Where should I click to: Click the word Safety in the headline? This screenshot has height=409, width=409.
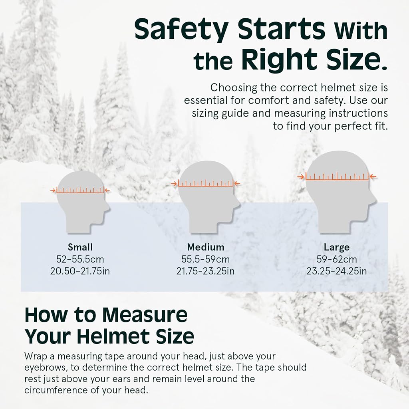point(181,30)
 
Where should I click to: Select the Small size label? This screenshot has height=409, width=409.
point(80,247)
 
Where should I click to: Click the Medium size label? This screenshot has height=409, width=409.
point(206,247)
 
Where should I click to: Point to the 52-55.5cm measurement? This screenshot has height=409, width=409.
point(80,259)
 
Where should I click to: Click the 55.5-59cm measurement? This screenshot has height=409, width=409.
point(206,259)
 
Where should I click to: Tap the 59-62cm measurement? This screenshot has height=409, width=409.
point(336,259)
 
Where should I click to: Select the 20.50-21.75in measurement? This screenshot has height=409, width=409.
point(80,271)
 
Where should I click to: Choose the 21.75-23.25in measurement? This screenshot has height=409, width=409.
point(206,271)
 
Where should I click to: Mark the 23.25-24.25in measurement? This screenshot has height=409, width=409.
point(336,271)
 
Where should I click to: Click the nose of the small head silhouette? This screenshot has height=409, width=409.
point(109,208)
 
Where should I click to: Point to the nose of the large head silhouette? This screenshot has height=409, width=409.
point(375,201)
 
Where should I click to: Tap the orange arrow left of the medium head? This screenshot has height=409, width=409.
point(175,184)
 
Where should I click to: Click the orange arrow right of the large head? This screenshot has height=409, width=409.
point(373,177)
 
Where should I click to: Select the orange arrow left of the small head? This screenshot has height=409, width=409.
point(53,191)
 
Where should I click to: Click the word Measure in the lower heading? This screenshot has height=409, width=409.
point(145,315)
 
